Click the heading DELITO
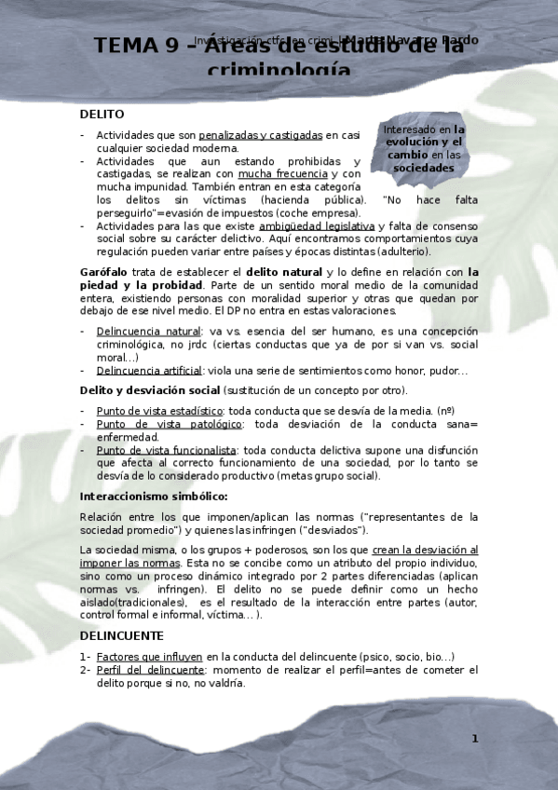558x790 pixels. click(102, 114)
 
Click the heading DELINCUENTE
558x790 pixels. click(122, 635)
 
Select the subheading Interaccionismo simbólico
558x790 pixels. click(154, 496)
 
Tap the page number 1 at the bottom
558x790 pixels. click(474, 739)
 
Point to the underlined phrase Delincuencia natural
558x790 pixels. click(148, 331)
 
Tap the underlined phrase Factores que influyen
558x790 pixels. click(149, 657)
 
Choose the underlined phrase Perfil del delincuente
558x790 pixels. click(149, 670)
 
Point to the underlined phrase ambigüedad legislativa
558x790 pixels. click(317, 225)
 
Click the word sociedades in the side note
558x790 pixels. click(423, 169)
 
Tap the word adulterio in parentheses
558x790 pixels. click(404, 252)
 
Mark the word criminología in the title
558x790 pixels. click(279, 72)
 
